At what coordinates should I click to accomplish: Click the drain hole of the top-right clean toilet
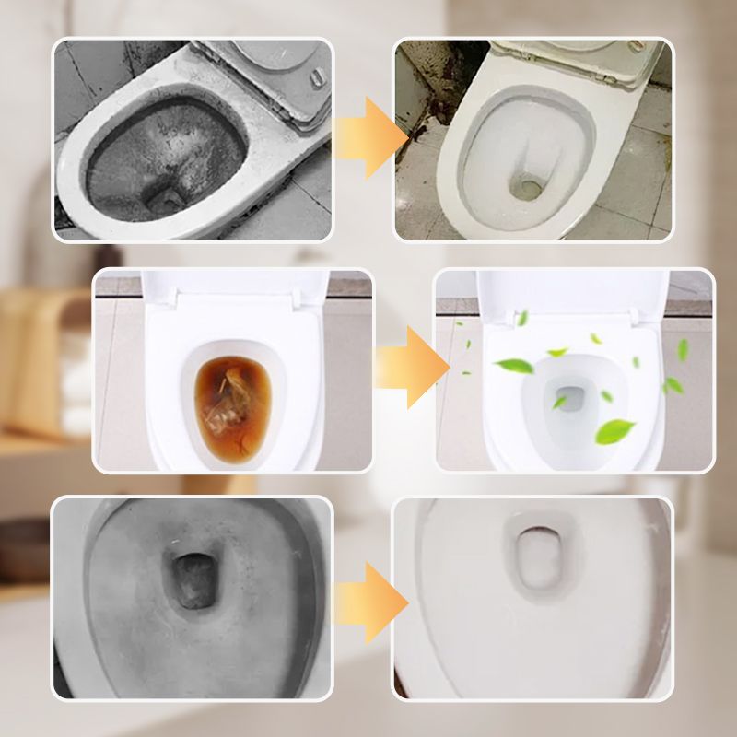coord(529,188)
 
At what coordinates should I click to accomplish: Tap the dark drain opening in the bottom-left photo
coord(194,580)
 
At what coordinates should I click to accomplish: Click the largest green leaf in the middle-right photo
coord(615,430)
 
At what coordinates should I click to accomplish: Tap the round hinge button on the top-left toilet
coord(319,76)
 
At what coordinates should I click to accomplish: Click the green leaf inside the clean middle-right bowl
coord(559,403)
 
